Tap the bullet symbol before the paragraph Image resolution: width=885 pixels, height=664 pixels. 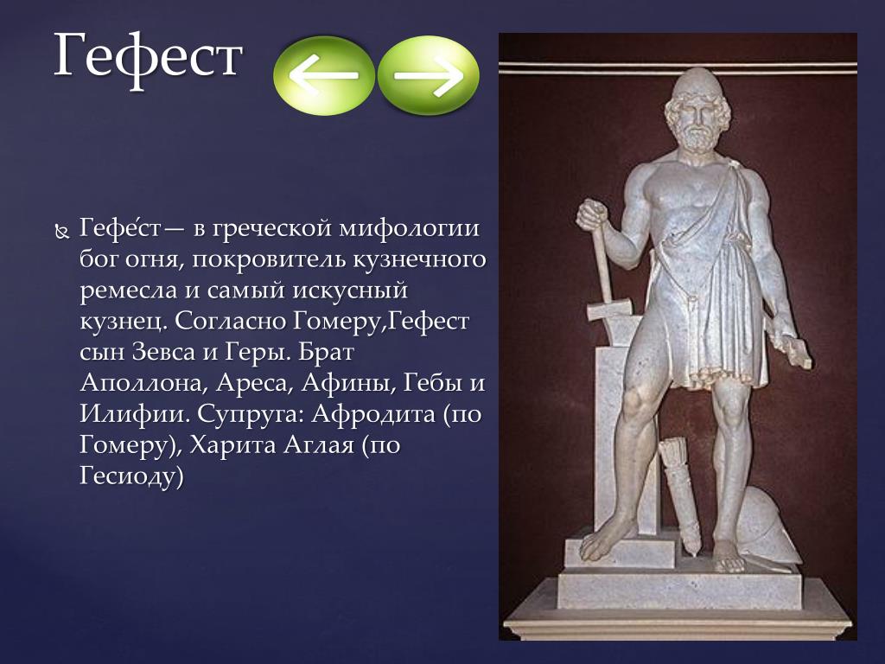click(x=61, y=231)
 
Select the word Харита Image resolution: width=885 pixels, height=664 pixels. click(x=233, y=445)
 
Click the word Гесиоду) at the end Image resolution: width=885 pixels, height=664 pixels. click(x=132, y=476)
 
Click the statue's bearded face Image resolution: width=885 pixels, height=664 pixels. click(x=697, y=123)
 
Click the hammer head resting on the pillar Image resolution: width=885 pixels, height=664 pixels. click(x=608, y=310)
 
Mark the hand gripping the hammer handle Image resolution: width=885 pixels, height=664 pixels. click(x=591, y=214)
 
